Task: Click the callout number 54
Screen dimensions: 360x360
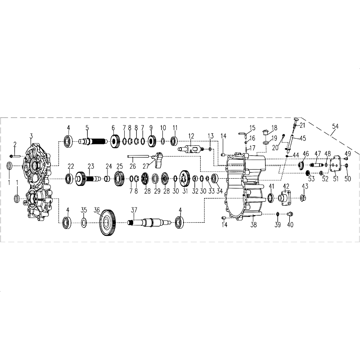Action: tap(335, 126)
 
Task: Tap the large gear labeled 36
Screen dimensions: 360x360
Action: tap(108, 223)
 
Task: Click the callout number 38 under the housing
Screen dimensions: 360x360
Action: tap(253, 225)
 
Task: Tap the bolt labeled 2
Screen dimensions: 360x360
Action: tap(15, 156)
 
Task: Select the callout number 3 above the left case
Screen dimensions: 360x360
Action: tap(31, 136)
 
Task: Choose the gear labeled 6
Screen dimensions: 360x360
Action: tap(115, 141)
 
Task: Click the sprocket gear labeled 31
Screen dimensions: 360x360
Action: tap(184, 179)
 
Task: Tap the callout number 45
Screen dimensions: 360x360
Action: tap(303, 139)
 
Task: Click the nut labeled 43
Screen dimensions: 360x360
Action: tap(303, 198)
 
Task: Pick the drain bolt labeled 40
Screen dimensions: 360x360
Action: tap(290, 214)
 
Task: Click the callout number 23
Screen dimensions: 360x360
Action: tap(91, 166)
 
